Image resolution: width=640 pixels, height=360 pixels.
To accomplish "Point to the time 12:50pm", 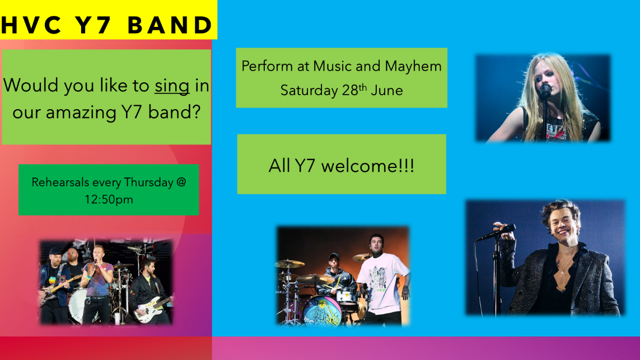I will click(109, 199).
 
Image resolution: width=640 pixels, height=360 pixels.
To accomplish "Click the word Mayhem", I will click(413, 66).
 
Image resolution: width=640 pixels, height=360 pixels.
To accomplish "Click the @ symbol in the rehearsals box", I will click(180, 182).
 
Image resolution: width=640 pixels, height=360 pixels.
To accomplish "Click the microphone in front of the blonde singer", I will click(545, 91).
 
